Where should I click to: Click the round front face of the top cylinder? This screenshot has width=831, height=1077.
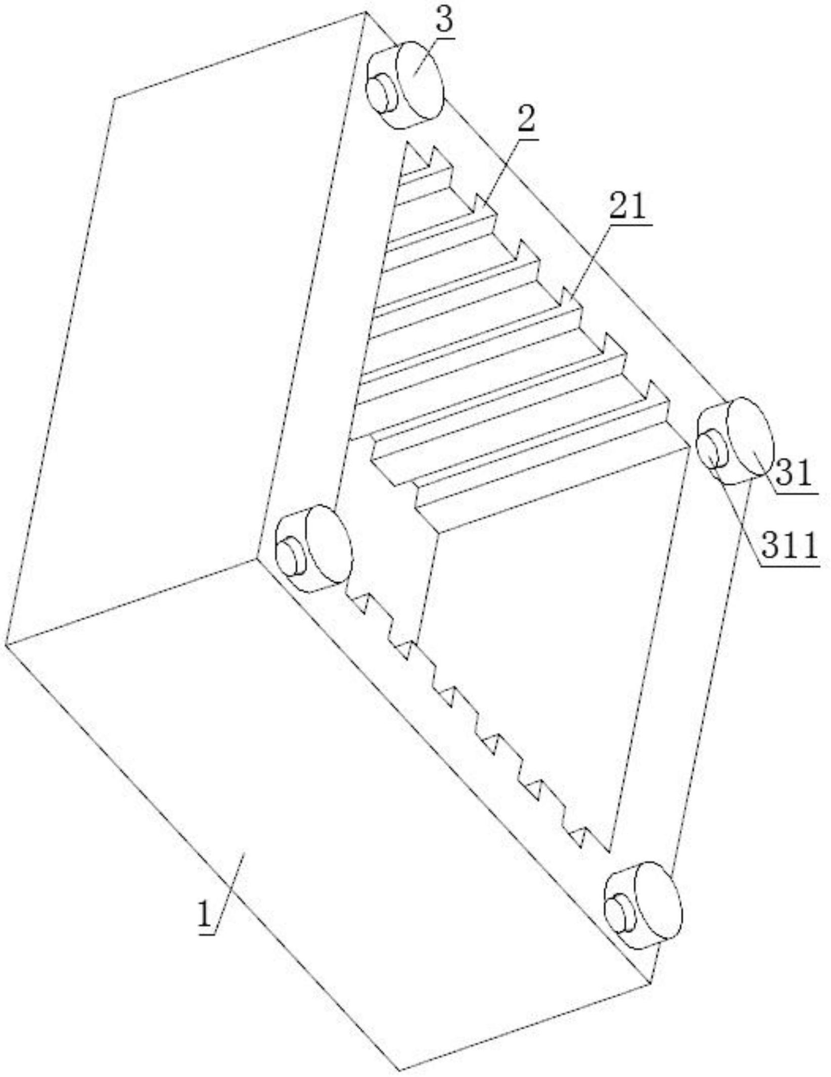click(420, 81)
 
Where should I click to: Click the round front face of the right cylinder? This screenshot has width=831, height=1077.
click(750, 438)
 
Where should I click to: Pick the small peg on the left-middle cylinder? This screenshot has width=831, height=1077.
click(292, 556)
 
